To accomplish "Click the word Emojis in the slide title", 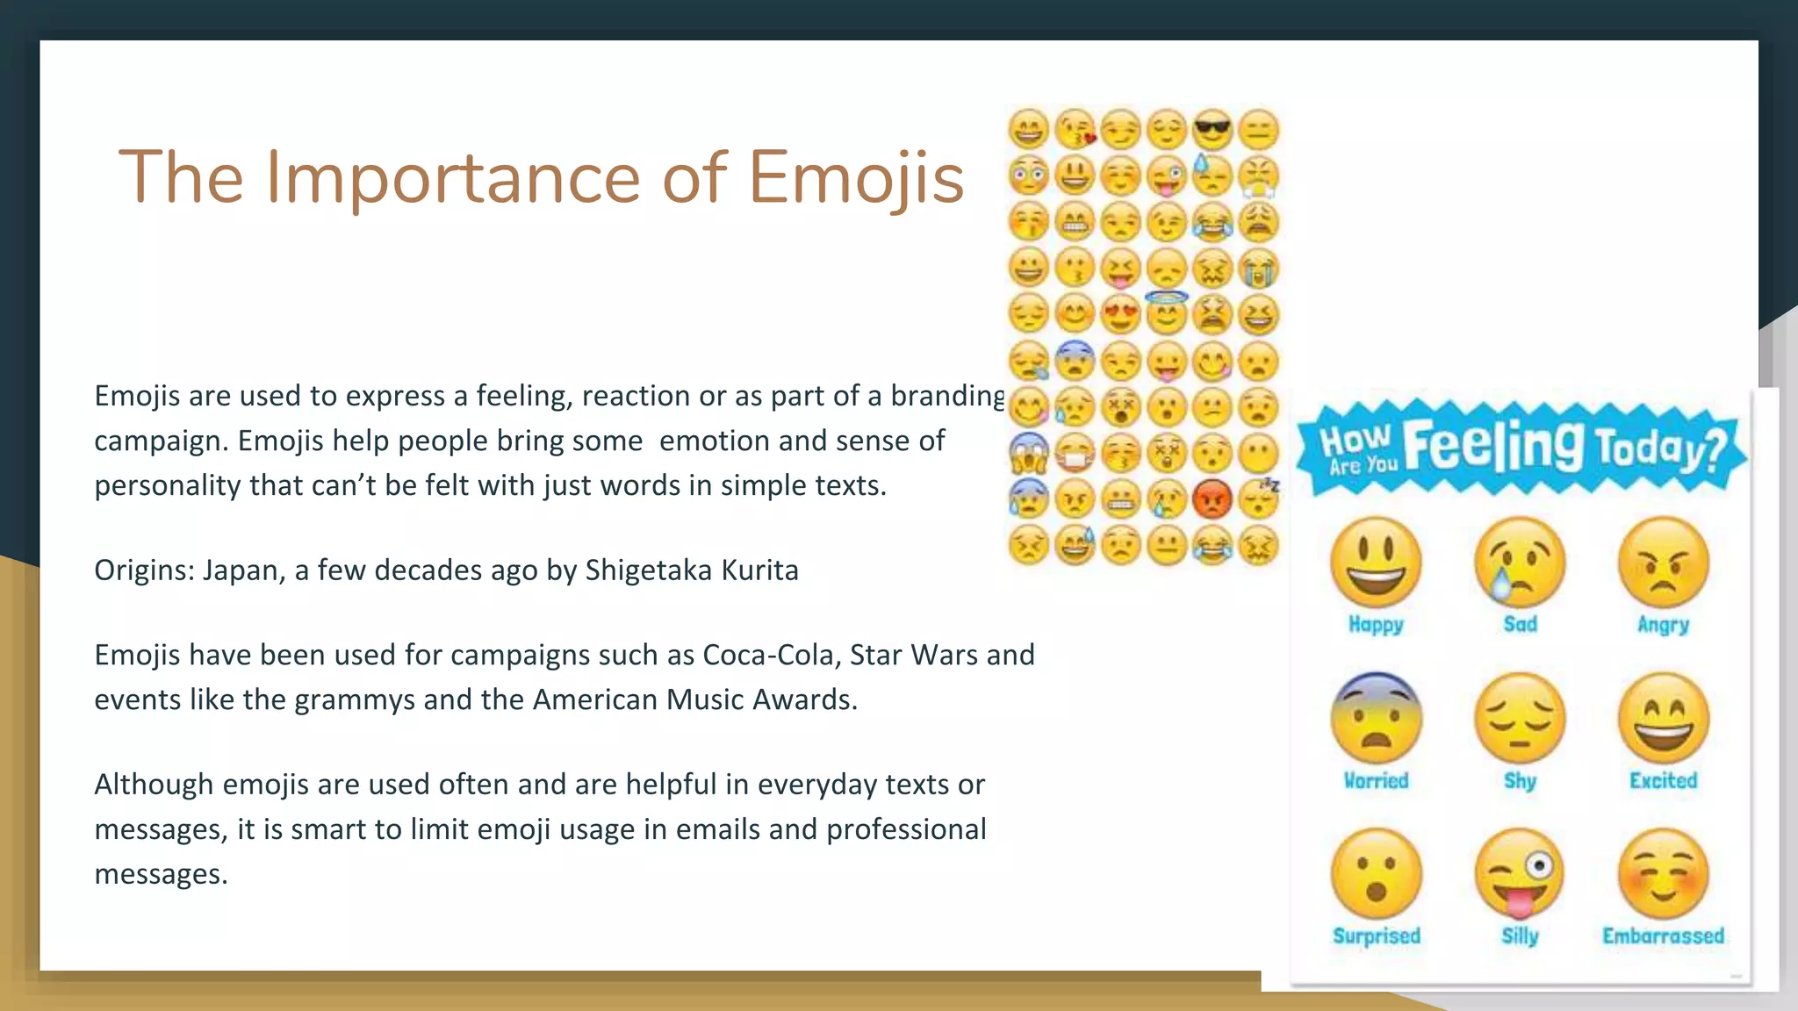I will (856, 178).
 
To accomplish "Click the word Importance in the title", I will (454, 178).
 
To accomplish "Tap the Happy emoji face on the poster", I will (1376, 562).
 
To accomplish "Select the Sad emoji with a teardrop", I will (1520, 562).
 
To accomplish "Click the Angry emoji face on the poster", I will (1663, 562).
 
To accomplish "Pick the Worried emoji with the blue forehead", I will (1376, 718).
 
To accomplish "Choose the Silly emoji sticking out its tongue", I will (1520, 874).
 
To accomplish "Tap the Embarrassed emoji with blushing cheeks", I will (1663, 874).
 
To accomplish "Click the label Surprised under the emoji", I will (1376, 936).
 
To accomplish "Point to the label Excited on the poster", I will (1663, 780).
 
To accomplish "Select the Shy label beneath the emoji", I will (1520, 780).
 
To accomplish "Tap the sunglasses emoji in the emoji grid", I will (1212, 130).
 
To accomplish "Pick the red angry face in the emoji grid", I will (1212, 499).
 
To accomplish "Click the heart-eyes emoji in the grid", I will (1120, 314).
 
